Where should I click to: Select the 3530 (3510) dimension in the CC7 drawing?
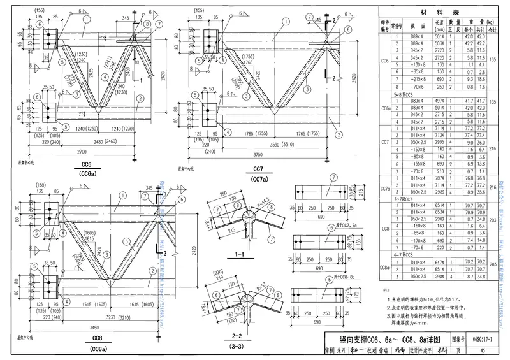pos(275,146)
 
